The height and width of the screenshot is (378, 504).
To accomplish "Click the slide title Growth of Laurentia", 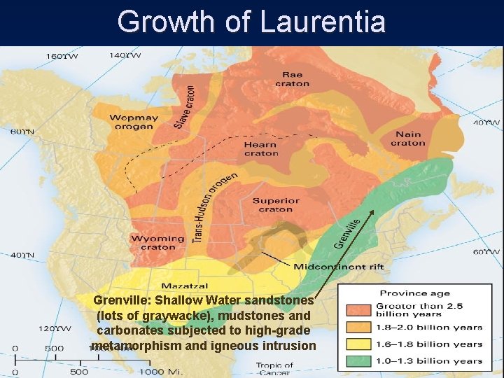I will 251,21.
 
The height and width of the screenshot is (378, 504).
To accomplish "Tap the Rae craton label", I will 292,79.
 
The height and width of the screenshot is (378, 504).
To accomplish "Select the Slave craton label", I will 185,107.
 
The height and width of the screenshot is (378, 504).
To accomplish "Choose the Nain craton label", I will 407,139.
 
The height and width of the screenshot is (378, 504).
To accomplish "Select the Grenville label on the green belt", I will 348,233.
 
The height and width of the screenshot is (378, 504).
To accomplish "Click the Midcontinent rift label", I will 329,267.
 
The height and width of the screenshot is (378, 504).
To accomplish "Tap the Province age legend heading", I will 414,293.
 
